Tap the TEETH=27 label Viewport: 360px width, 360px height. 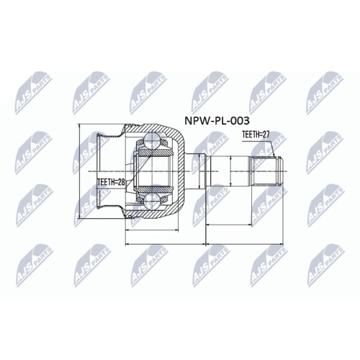tap(256, 134)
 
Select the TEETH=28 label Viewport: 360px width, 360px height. tap(110, 183)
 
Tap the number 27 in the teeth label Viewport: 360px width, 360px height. tap(267, 134)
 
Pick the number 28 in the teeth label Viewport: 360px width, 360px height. tap(122, 183)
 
